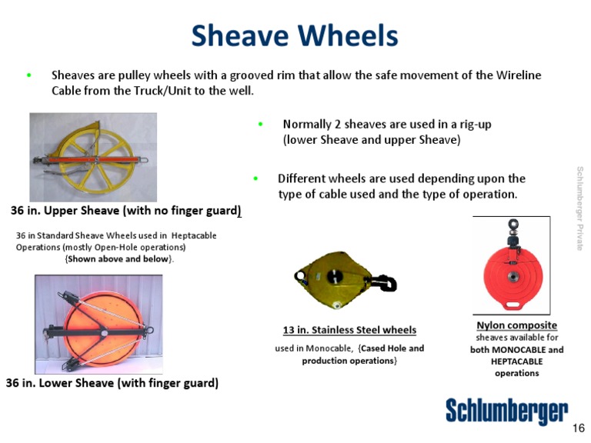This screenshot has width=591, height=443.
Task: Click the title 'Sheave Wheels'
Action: pyautogui.click(x=295, y=35)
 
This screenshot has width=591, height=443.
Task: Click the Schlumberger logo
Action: pyautogui.click(x=506, y=411)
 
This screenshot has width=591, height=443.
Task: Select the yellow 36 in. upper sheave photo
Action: pyautogui.click(x=92, y=157)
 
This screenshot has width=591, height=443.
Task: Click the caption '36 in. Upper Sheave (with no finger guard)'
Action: pyautogui.click(x=126, y=210)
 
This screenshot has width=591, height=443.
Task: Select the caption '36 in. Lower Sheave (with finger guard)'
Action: pyautogui.click(x=112, y=382)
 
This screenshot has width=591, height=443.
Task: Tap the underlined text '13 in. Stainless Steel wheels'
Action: pyautogui.click(x=349, y=330)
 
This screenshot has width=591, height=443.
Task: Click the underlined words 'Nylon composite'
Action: pyautogui.click(x=516, y=325)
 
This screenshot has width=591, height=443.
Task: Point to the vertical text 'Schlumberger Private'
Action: pyautogui.click(x=579, y=208)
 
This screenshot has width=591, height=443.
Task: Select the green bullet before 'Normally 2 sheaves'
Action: pyautogui.click(x=261, y=124)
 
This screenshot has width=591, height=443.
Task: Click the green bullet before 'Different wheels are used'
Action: pyautogui.click(x=255, y=178)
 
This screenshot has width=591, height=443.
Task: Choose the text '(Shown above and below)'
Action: pyautogui.click(x=120, y=259)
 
